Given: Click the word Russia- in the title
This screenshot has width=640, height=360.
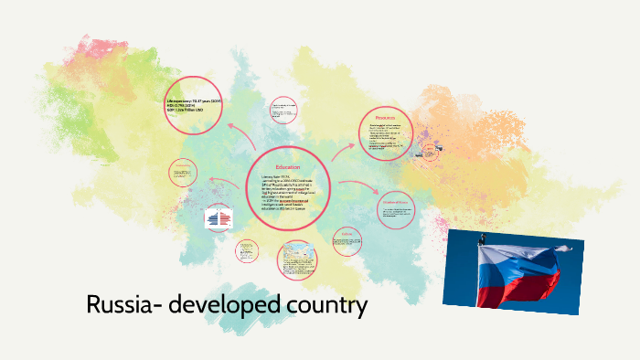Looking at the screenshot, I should (x=123, y=305).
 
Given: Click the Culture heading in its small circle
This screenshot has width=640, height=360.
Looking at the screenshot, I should (x=345, y=234).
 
